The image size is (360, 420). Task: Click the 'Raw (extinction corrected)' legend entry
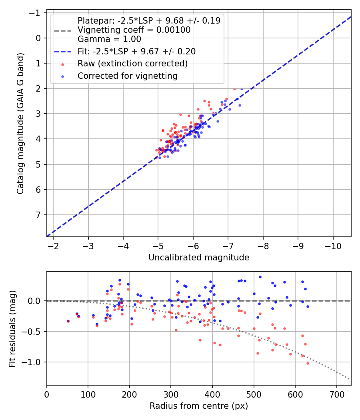pos(132,64)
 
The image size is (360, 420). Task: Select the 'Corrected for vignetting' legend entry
pos(128,76)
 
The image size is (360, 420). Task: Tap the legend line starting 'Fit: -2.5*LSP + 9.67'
pos(136,52)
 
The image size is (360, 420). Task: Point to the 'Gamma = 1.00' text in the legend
pos(109,39)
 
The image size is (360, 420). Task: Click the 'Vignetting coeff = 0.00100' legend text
pos(134,30)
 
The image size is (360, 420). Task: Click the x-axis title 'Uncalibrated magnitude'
pos(199,258)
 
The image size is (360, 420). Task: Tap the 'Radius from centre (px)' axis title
pos(199,406)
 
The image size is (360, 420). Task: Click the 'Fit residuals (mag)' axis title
pos(12,328)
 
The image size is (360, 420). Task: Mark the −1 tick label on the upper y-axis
pos(36,13)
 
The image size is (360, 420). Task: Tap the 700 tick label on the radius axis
pos(336,395)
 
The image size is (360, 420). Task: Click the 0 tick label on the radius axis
pos(47,395)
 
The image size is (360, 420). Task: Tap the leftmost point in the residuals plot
pos(68,321)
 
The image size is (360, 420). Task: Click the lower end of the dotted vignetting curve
pos(349,379)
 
